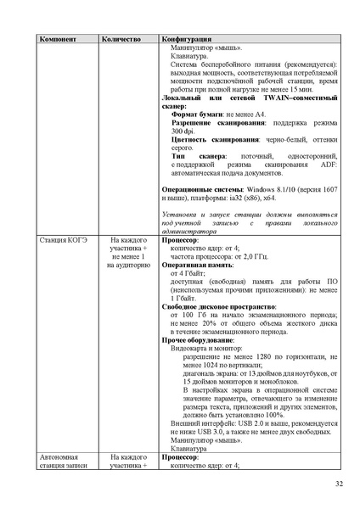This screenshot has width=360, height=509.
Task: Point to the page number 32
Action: coord(339,484)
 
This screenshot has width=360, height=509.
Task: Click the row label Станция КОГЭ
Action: coord(62,239)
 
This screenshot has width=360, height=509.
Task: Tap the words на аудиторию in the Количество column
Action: coord(129,265)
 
